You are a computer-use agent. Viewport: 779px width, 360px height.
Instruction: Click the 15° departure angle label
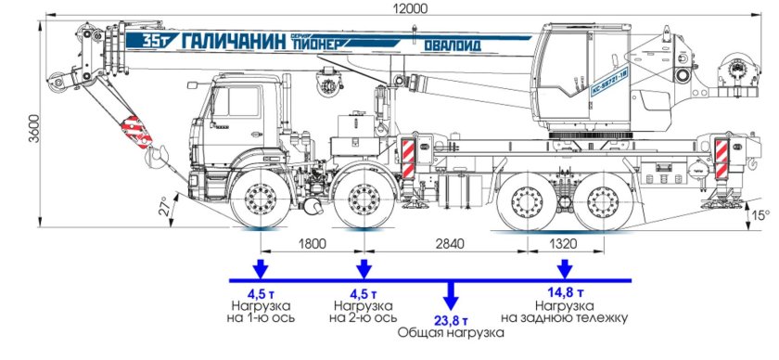point(760,215)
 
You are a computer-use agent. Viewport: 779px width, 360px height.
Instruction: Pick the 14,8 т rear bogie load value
point(564,290)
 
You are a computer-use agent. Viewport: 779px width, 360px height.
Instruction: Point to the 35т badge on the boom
point(153,40)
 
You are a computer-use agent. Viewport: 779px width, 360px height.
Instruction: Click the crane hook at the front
point(156,153)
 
